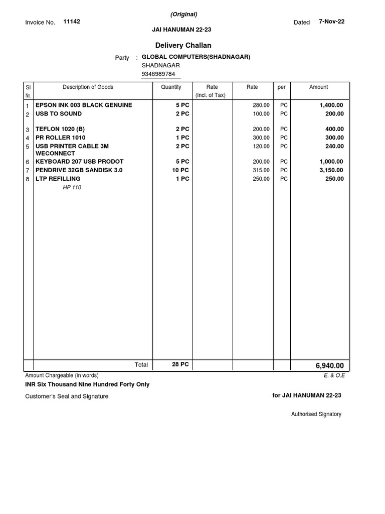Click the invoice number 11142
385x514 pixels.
[72, 22]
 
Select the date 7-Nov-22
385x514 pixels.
[331, 22]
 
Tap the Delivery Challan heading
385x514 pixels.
[183, 46]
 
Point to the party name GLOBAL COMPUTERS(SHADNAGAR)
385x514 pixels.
[196, 57]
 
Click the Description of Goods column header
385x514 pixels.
[88, 87]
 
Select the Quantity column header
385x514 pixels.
[171, 87]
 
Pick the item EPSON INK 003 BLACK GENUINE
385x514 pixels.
[84, 105]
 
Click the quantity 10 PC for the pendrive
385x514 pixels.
[180, 170]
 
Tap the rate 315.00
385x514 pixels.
[261, 170]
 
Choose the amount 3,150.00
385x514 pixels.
[331, 170]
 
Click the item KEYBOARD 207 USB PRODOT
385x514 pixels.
[79, 162]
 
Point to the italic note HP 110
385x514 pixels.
[72, 187]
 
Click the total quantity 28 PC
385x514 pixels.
[180, 364]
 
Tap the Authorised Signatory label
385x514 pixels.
[316, 414]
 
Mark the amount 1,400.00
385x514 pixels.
[331, 105]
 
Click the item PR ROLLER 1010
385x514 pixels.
[60, 138]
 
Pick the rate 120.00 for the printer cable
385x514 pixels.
[261, 146]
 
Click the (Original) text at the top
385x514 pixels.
[183, 14]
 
